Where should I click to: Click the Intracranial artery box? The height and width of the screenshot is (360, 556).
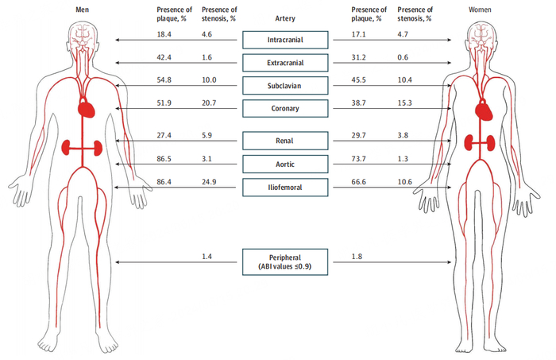coord(284,39)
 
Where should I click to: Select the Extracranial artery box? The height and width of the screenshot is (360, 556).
coord(284,62)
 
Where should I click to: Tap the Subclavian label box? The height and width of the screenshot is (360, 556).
coord(284,85)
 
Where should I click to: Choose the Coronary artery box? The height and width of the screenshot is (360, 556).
coord(284,108)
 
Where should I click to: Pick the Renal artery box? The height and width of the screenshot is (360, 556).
coord(284,141)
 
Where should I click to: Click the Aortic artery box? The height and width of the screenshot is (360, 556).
coord(284,165)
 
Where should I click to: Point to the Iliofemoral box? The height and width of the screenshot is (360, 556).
coord(284,188)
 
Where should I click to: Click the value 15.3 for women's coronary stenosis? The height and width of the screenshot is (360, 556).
coord(404,104)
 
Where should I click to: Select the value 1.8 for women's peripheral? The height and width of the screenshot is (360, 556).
coord(359,257)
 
